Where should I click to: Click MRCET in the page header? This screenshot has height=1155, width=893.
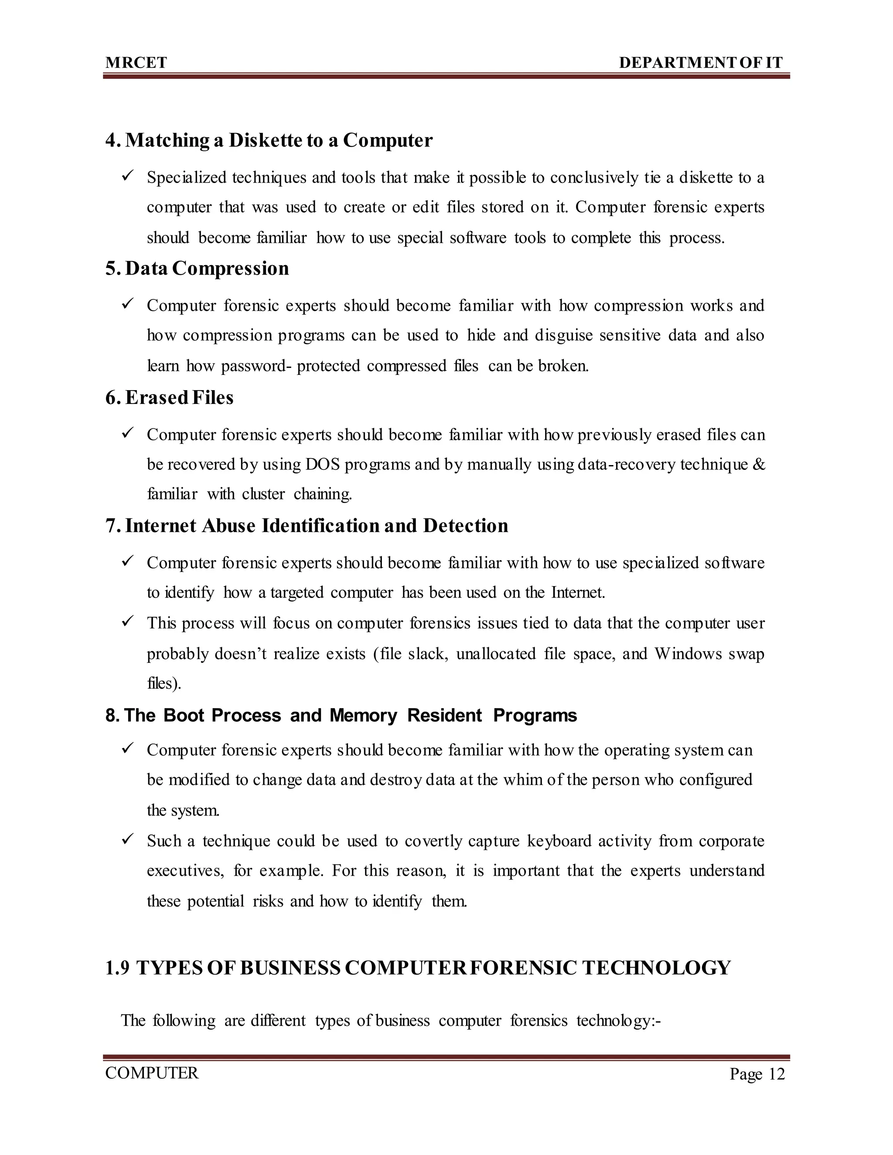136,63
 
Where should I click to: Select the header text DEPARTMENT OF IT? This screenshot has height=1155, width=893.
700,63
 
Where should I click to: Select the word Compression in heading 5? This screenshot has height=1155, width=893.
230,268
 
